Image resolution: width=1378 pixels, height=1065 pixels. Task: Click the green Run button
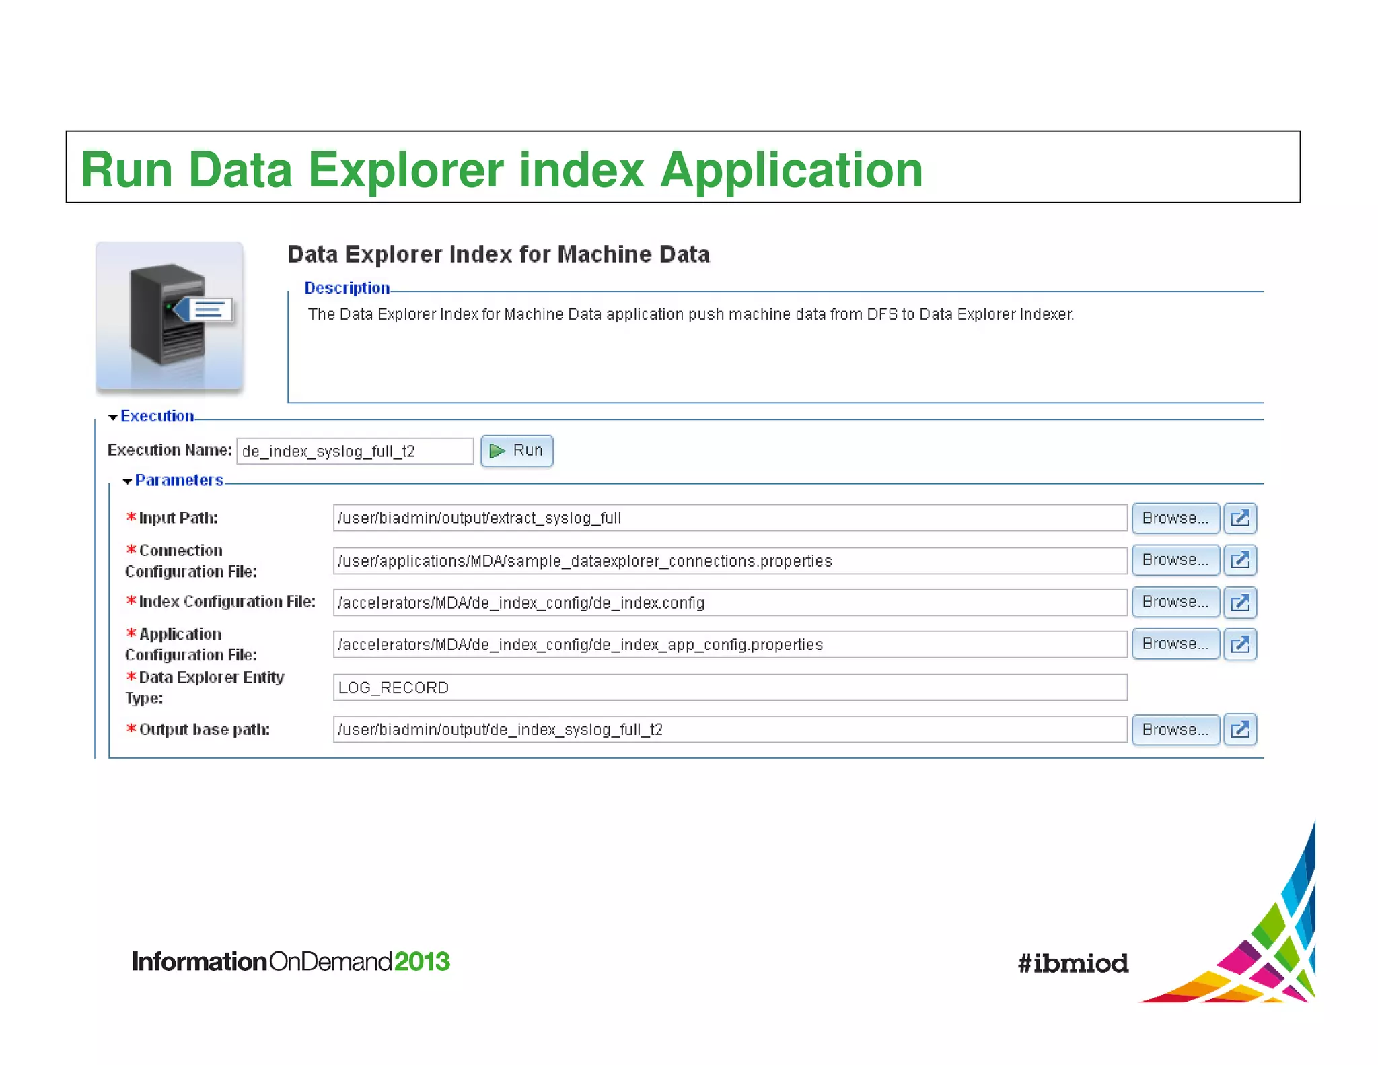[517, 451]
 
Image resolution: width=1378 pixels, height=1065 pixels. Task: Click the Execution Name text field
[355, 451]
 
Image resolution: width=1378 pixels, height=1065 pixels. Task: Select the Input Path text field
[729, 518]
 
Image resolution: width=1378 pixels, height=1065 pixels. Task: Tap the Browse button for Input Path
[1175, 518]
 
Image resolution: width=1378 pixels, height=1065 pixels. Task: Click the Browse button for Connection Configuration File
[1175, 560]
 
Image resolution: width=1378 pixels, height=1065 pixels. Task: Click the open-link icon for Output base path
[1239, 730]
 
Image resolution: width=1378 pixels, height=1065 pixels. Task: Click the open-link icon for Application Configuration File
[1239, 644]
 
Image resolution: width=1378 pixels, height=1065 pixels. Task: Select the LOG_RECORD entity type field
[729, 687]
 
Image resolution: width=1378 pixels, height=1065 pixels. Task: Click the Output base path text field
[729, 730]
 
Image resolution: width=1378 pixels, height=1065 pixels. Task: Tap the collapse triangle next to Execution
[113, 417]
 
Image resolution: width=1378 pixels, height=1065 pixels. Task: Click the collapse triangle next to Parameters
[127, 481]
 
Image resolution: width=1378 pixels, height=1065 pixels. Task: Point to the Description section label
[347, 288]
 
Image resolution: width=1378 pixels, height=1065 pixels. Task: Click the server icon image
[170, 316]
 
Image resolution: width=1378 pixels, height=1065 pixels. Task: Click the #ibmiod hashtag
[1073, 963]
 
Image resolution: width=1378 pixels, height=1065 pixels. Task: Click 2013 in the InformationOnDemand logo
[422, 961]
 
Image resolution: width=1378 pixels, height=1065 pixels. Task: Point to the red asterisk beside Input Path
[131, 517]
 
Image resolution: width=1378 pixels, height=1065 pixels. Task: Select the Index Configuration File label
[227, 602]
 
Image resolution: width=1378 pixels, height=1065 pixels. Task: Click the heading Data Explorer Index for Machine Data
[498, 254]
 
